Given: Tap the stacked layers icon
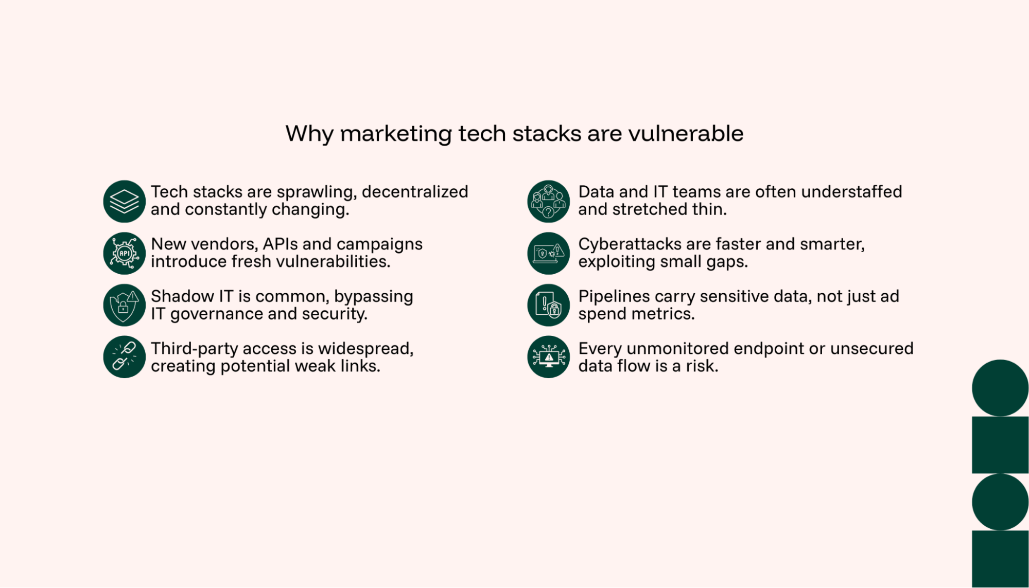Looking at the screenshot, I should click(124, 201).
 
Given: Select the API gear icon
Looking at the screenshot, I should click(124, 253).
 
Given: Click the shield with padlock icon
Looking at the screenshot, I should click(124, 305).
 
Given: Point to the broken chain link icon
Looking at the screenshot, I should click(124, 357).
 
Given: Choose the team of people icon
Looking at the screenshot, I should click(548, 201).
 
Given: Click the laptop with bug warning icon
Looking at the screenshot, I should click(548, 253).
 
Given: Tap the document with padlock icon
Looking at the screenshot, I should click(548, 305).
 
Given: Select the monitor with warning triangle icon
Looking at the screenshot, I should click(548, 357).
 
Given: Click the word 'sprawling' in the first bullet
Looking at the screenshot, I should click(316, 192).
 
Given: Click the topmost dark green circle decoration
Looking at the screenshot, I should click(1000, 388).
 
